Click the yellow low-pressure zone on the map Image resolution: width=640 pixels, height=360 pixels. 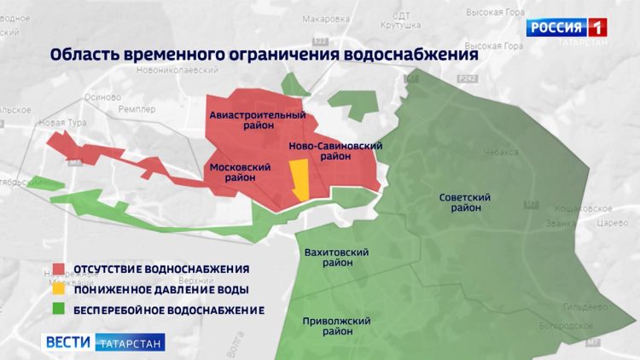click(300, 180)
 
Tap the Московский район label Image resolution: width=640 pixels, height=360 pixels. click(234, 172)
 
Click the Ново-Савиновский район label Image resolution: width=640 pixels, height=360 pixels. click(335, 151)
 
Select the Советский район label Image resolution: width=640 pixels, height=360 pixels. click(465, 202)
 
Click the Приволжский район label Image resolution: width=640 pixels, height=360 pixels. click(337, 327)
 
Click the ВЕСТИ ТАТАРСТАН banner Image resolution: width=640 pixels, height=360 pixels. click(103, 341)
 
